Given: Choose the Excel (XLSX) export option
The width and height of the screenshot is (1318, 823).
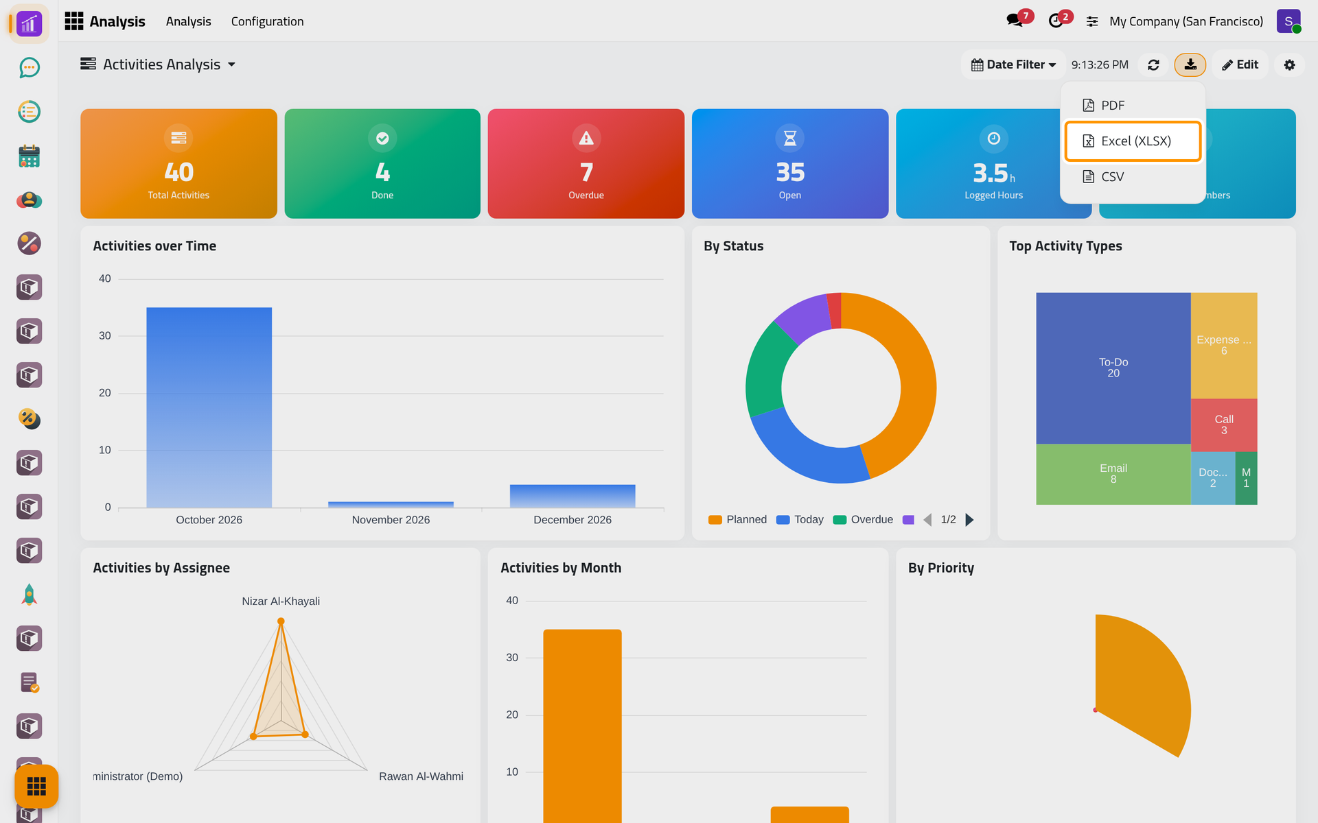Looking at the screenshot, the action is click(1133, 141).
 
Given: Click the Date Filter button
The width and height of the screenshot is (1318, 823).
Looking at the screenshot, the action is click(1013, 64).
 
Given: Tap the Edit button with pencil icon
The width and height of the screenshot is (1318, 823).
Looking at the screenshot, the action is click(1240, 64).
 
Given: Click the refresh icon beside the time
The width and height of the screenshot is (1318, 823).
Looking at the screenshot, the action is click(1153, 64).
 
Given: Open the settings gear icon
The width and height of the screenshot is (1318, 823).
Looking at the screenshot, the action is click(1289, 64).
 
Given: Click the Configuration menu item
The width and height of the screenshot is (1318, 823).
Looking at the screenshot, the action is click(267, 21).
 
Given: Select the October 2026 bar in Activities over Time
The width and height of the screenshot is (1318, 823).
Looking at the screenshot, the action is click(209, 407).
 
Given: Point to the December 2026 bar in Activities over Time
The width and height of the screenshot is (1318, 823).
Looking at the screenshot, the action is click(573, 496).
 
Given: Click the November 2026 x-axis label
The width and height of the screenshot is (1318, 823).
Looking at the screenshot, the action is click(391, 520).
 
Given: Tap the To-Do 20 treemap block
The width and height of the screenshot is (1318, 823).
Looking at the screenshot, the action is click(1113, 368).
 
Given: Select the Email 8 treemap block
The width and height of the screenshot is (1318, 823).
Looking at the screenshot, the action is click(1113, 474).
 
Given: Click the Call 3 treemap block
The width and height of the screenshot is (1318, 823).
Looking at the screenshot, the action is click(1224, 425).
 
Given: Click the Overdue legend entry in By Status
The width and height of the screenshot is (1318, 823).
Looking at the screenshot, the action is click(863, 520).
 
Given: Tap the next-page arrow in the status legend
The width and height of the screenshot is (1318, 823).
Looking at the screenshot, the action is click(969, 520).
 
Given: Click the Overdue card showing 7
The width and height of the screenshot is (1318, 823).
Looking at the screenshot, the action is click(586, 164).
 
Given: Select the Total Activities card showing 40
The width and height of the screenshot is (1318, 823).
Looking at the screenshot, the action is click(178, 164).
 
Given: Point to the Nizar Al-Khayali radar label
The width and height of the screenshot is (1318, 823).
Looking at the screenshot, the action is click(281, 601).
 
